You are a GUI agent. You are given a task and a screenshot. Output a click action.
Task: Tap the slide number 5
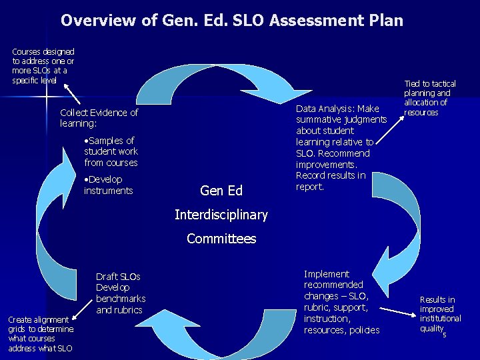(x=445, y=335)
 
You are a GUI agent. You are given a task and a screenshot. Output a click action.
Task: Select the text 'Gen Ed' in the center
(x=221, y=191)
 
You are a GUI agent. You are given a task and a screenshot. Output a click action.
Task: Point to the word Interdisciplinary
(x=221, y=215)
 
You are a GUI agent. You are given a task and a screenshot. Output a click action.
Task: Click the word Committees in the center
(x=221, y=239)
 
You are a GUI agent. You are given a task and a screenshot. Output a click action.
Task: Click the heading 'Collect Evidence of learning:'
(x=99, y=118)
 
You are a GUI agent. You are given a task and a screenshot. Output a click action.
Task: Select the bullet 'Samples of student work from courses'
(x=111, y=151)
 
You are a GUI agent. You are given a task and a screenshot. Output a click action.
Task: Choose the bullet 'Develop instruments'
(x=108, y=185)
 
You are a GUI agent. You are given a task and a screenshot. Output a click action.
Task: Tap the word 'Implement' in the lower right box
(x=326, y=274)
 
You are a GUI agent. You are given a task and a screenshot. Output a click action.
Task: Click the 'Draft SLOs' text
(x=118, y=277)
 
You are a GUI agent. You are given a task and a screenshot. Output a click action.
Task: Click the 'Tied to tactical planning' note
(x=430, y=98)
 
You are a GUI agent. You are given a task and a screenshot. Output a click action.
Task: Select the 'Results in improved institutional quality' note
(x=439, y=314)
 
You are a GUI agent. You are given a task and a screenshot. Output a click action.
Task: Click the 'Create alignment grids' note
(x=40, y=334)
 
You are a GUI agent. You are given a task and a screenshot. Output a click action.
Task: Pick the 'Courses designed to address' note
(x=43, y=65)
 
